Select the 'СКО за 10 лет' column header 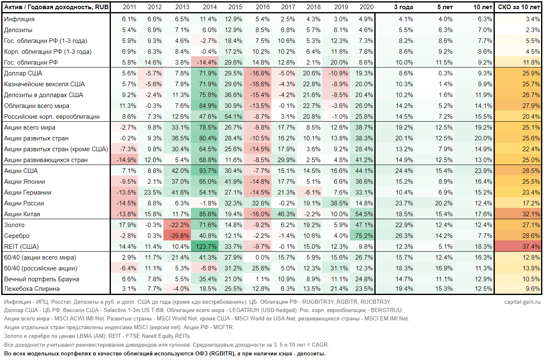tap(519, 7)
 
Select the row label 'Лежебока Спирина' tap(32, 289)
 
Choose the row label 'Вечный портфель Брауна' tap(42, 279)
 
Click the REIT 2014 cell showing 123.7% tap(207, 247)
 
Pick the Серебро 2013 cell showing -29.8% tap(180, 236)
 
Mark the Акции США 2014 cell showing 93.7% tap(207, 171)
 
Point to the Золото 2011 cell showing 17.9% tap(128, 225)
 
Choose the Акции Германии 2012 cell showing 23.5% tap(154, 192)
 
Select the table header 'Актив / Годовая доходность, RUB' tap(56, 7)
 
